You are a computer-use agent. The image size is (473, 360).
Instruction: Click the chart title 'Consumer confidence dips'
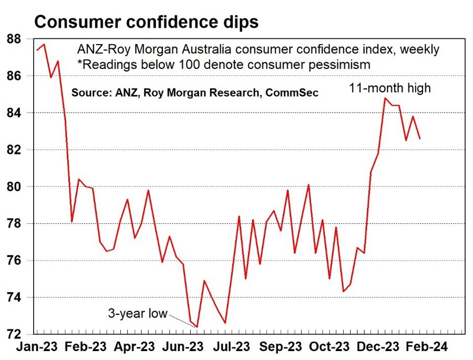pyautogui.click(x=146, y=22)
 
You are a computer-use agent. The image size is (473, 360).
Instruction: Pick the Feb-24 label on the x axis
pyautogui.click(x=426, y=347)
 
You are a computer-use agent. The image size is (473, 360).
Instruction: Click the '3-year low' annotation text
pyautogui.click(x=137, y=314)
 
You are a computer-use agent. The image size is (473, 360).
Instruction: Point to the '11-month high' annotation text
pyautogui.click(x=390, y=88)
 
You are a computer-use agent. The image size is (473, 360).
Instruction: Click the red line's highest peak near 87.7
pyautogui.click(x=44, y=44)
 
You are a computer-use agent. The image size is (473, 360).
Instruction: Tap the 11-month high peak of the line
pyautogui.click(x=385, y=98)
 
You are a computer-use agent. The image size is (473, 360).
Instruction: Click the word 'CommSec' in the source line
pyautogui.click(x=292, y=92)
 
